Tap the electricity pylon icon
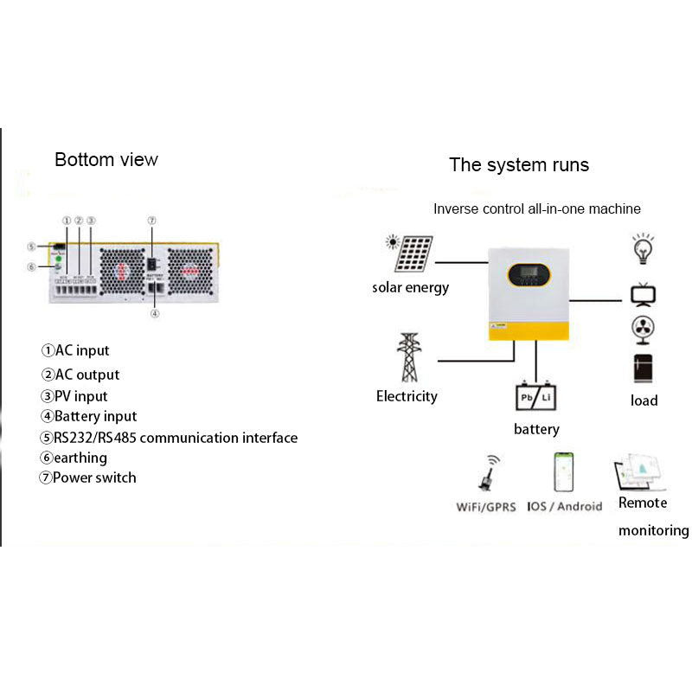407,357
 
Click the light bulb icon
642,248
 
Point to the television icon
642,294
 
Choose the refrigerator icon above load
643,368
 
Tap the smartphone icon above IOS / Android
563,472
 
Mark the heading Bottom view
106,159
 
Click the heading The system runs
519,164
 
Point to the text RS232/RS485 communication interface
176,438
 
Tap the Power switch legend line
94,477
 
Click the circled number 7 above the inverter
151,221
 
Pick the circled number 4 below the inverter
155,314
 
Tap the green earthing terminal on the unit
57,259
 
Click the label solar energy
411,287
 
